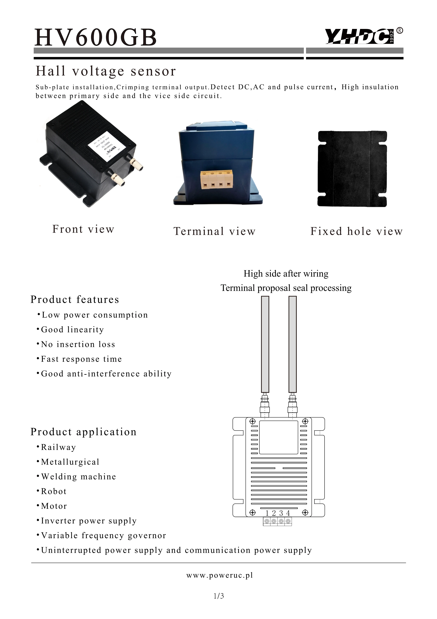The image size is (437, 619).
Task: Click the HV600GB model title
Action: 96,38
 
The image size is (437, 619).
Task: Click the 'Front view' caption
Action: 83,229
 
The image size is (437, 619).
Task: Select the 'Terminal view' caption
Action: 214,231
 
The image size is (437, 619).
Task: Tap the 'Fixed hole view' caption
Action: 356,231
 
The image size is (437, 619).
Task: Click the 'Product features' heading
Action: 75,299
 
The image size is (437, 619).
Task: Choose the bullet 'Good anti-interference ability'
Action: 106,374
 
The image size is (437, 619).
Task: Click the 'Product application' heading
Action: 83,432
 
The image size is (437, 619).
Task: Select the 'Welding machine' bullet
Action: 78,477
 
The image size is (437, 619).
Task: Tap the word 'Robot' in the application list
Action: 54,491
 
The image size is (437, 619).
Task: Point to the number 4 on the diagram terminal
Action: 288,513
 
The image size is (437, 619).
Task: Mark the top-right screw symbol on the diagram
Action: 305,421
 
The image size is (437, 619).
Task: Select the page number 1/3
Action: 219,596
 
